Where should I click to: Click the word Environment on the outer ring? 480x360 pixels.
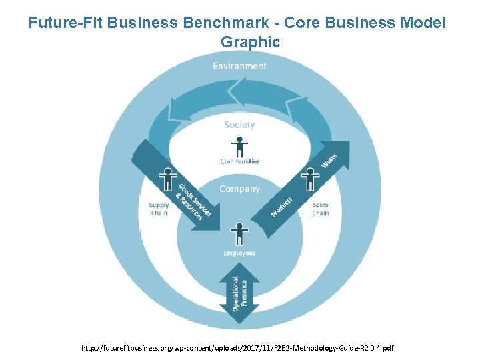point(239,66)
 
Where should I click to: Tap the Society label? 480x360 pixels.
point(239,125)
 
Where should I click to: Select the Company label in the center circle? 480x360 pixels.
point(239,189)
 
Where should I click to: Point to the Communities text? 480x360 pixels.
point(239,161)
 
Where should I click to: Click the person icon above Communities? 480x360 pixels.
point(239,147)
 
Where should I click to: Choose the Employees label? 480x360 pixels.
point(239,253)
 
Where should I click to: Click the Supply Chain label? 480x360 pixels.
point(159,209)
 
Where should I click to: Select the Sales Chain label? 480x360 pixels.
point(321,209)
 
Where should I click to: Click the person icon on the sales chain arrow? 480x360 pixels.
point(310,179)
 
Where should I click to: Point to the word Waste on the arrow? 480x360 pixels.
point(329,161)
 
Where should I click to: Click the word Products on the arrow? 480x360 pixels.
point(281,207)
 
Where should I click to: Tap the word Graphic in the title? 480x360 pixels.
point(250,41)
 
